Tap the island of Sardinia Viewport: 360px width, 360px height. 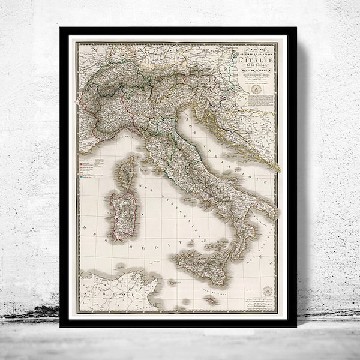pyautogui.click(x=123, y=213)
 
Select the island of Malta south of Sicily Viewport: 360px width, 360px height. pyautogui.click(x=211, y=299)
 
